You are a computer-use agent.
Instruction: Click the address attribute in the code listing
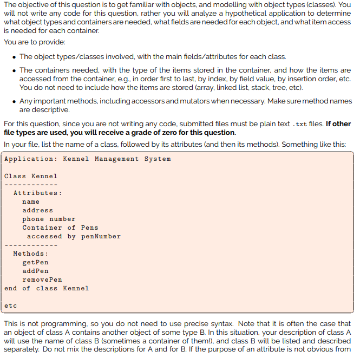tap(37, 211)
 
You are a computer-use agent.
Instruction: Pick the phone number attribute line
tap(49, 219)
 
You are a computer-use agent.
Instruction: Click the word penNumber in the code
tap(101, 237)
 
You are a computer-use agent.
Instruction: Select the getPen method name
tap(35, 263)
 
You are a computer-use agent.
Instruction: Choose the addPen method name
tap(35, 271)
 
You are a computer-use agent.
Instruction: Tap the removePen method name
tap(42, 280)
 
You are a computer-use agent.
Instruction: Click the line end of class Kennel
tap(46, 289)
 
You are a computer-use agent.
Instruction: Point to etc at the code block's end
tap(10, 306)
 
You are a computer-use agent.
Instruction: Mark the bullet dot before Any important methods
tap(14, 101)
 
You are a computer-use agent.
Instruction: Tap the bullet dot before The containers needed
tap(14, 70)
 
